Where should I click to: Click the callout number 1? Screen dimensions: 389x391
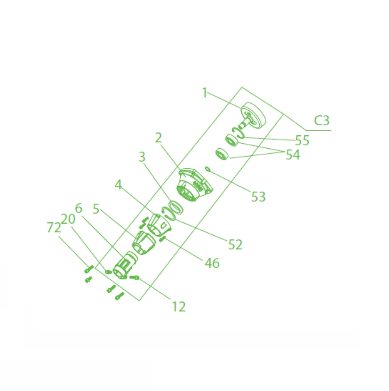pos(205,93)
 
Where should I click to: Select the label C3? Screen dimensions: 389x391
pos(322,121)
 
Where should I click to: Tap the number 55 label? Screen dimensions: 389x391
pos(302,140)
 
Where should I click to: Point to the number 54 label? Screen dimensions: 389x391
pos(293,155)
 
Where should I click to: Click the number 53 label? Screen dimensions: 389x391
pos(258,197)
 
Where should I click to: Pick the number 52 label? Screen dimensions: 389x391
pos(235,245)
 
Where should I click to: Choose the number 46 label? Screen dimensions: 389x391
pos(212,263)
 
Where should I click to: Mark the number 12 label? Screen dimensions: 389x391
pos(179,307)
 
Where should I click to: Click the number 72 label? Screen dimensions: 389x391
pos(54,227)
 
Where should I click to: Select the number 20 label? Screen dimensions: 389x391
pos(68,219)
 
